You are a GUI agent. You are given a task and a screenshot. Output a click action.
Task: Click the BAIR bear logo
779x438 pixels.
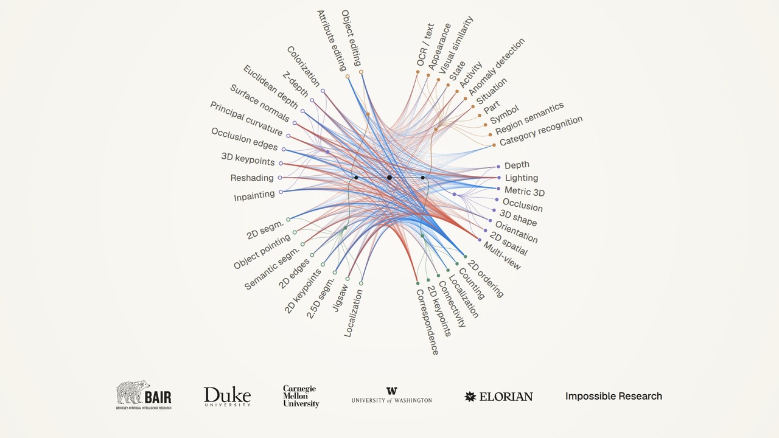click(x=144, y=395)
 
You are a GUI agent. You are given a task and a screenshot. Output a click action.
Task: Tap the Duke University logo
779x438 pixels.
click(x=227, y=397)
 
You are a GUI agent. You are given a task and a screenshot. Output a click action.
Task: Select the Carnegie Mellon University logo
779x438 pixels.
click(x=301, y=396)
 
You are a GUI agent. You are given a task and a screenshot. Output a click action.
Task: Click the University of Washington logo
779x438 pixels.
click(x=391, y=395)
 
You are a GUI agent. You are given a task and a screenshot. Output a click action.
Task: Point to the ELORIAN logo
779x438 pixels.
click(x=498, y=397)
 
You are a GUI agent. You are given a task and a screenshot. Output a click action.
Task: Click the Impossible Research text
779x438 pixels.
click(x=613, y=396)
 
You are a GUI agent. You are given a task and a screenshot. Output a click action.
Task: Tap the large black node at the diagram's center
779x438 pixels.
click(x=389, y=178)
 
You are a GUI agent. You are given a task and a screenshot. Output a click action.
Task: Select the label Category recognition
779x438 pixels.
click(x=541, y=131)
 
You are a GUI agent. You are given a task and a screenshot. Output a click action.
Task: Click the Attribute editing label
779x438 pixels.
click(x=332, y=41)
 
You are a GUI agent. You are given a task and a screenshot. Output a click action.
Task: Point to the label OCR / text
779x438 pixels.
click(x=425, y=44)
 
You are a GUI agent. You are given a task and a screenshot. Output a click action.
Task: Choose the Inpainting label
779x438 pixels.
click(x=254, y=196)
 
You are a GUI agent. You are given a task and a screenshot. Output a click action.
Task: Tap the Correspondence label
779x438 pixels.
click(x=427, y=322)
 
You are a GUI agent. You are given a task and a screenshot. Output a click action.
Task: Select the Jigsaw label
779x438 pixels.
click(x=340, y=298)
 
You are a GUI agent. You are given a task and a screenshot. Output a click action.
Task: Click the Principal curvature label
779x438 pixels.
click(x=246, y=119)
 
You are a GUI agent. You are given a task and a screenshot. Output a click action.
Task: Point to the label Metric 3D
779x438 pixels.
click(x=525, y=191)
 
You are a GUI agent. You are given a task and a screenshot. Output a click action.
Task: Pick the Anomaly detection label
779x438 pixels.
click(x=497, y=67)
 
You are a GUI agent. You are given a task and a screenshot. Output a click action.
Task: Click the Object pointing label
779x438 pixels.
click(x=262, y=252)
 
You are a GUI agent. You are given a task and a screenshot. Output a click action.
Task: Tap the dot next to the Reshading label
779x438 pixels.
click(x=280, y=178)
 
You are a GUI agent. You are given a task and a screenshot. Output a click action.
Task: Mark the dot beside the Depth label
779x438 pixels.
click(x=498, y=167)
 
